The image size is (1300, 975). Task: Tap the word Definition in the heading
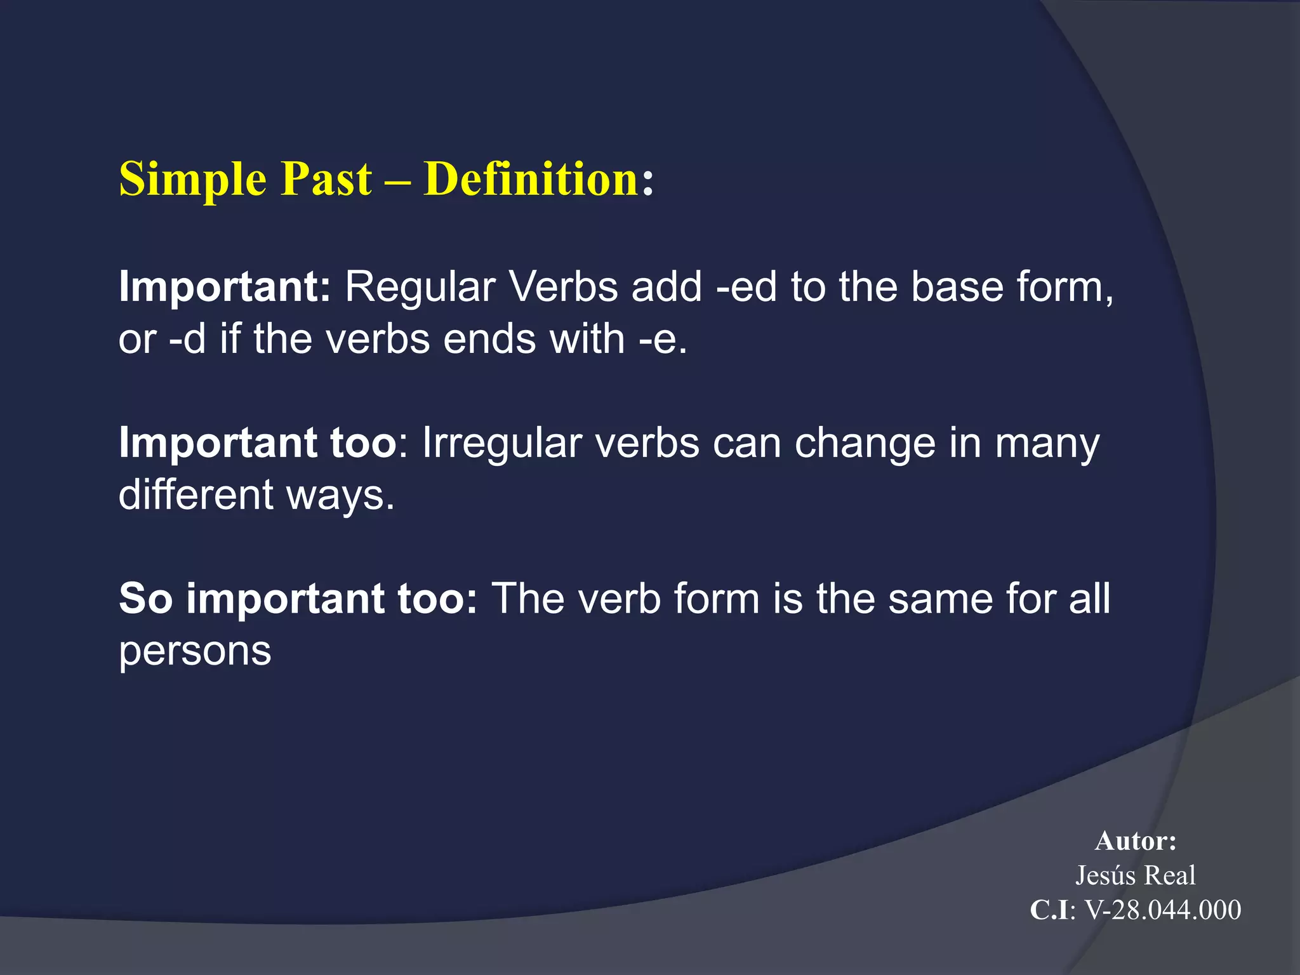coord(531,180)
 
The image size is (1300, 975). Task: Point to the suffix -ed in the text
coord(746,287)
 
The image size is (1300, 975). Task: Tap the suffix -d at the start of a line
coord(187,339)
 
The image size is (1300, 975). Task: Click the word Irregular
coord(501,443)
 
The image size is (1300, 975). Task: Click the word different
coord(196,494)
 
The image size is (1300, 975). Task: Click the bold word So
coord(145,599)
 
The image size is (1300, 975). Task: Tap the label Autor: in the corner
coord(1136,841)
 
